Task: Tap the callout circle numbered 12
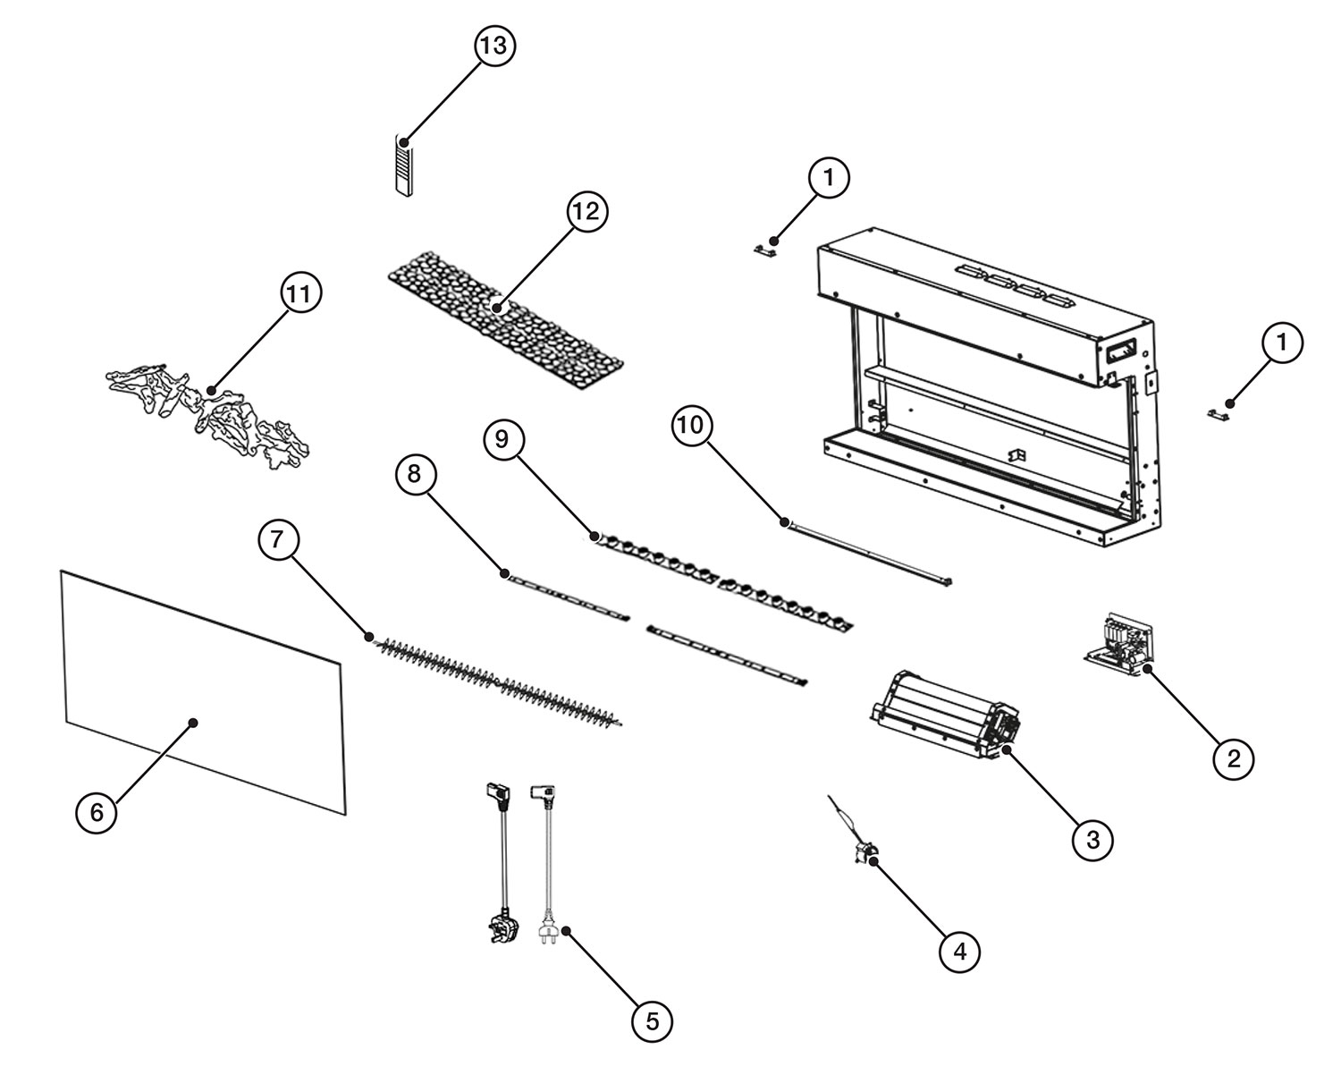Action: [586, 212]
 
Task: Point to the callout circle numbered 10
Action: [693, 427]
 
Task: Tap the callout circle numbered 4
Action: [959, 952]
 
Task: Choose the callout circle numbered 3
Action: [1092, 839]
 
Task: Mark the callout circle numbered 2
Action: [1234, 758]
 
